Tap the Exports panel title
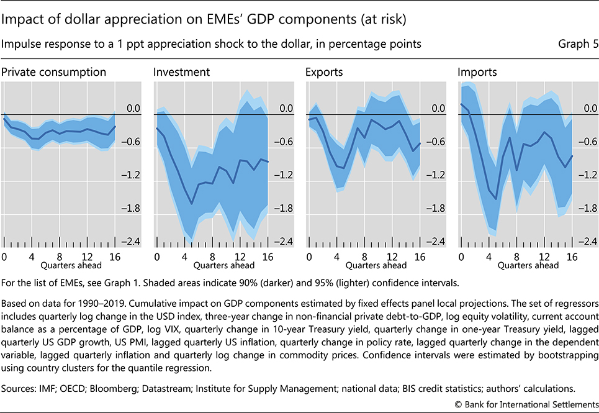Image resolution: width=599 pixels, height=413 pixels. [324, 72]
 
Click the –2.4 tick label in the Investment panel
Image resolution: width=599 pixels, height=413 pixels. [284, 242]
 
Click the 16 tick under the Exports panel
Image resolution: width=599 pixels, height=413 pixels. [419, 256]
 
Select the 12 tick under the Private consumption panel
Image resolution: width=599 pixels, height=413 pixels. [88, 256]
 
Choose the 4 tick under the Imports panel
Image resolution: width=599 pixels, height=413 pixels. [489, 256]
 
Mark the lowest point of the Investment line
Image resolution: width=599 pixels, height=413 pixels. [191, 203]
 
